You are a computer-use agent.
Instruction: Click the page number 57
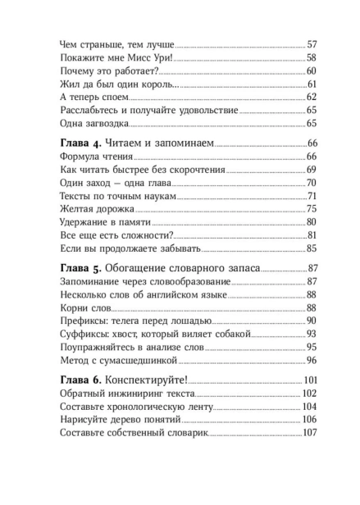coord(311,44)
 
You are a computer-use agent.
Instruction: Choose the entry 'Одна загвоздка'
coord(94,124)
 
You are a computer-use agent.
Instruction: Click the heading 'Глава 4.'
coord(85,144)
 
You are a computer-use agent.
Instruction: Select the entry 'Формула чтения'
coord(96,157)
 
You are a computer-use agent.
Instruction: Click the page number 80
coord(311,222)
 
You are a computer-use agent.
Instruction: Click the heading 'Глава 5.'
coord(85,269)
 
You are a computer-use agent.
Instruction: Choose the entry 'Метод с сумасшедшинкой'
coord(123,360)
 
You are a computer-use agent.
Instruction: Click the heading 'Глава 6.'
coord(85,380)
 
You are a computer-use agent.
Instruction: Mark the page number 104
coord(308,406)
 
